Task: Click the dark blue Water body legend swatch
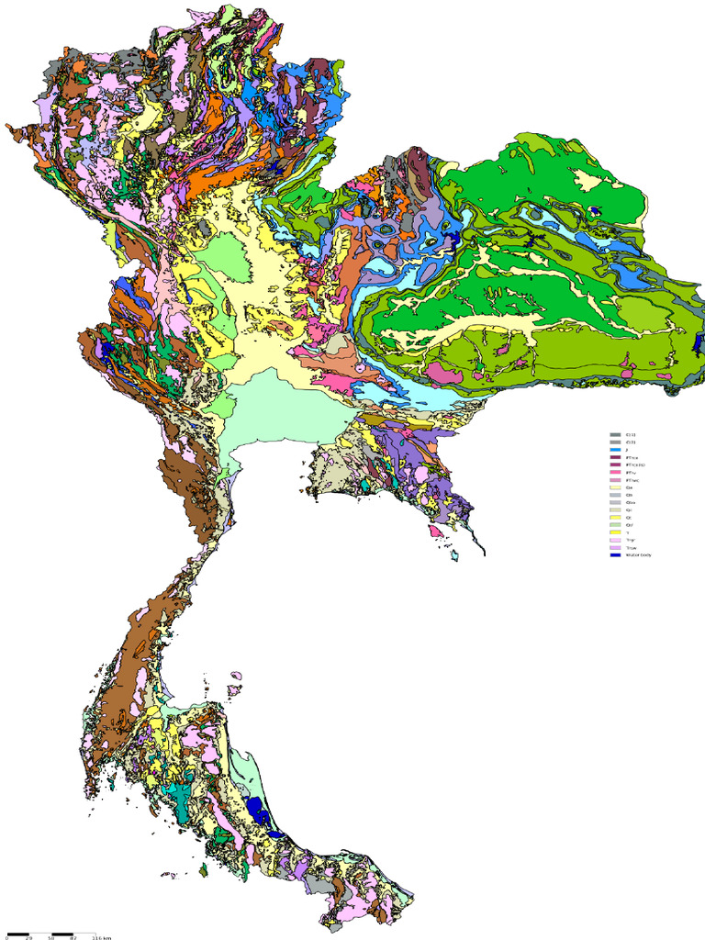(615, 555)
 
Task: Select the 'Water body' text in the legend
(638, 555)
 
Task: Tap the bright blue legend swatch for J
(615, 450)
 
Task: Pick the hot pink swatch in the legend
(615, 472)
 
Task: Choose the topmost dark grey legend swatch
(615, 435)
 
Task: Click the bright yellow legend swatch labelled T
(615, 532)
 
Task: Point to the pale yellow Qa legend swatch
(615, 487)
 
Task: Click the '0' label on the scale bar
(7, 938)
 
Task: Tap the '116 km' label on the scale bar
(101, 938)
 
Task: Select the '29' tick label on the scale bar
(29, 938)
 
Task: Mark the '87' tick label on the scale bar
(73, 938)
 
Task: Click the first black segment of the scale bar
(18, 934)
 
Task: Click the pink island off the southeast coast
(435, 531)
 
